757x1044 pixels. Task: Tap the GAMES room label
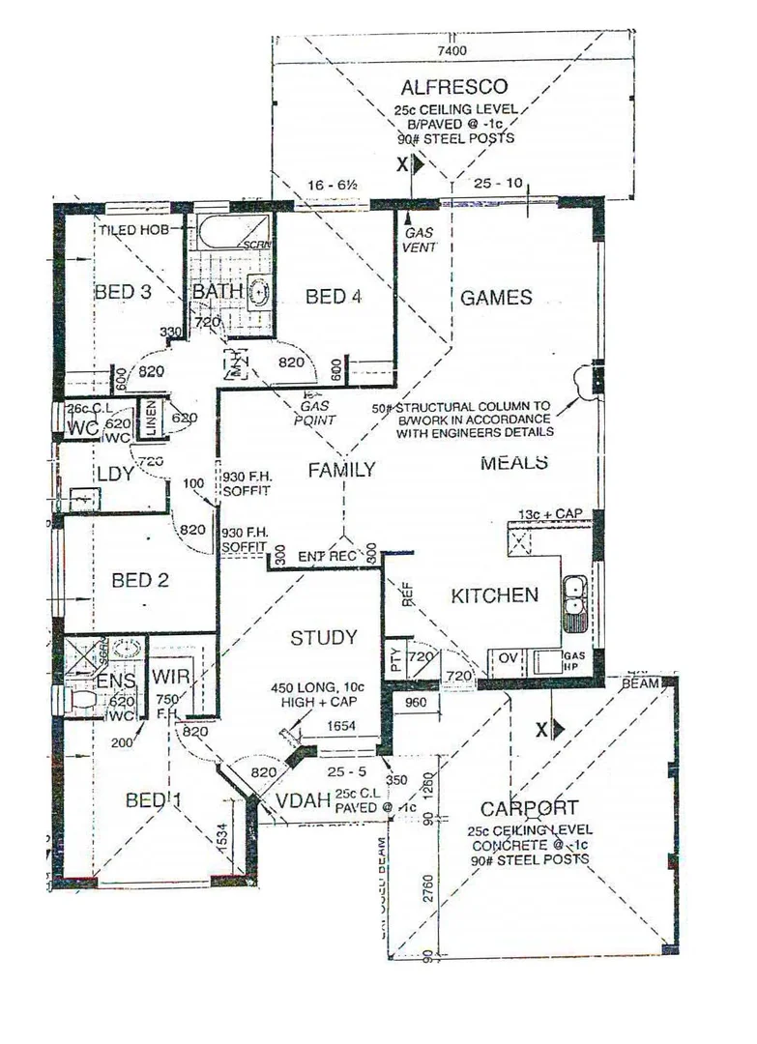click(495, 297)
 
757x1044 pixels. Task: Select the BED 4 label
click(334, 297)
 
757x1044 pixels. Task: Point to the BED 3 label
click(123, 292)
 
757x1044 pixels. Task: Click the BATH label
click(217, 292)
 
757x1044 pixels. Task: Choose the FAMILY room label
click(341, 470)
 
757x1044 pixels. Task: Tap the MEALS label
click(514, 463)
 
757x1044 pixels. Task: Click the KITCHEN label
click(494, 595)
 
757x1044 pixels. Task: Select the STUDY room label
click(324, 638)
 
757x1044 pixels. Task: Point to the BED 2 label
click(140, 580)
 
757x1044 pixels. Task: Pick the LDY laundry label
click(114, 474)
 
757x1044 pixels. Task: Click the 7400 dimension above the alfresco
click(451, 50)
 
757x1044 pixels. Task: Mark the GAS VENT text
click(420, 241)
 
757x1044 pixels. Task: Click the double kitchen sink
click(575, 595)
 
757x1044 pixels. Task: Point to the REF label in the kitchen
click(406, 593)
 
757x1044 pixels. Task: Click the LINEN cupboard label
click(152, 418)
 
